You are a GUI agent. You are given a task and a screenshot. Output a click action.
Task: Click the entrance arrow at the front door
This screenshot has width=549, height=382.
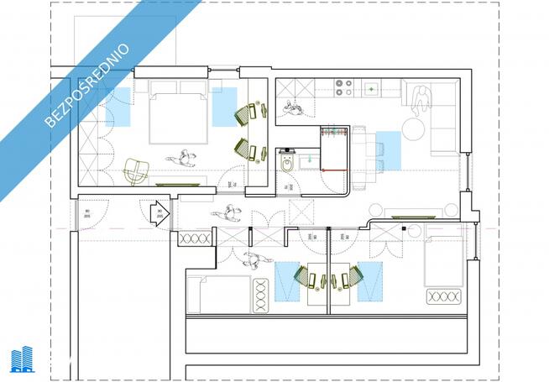[159, 213]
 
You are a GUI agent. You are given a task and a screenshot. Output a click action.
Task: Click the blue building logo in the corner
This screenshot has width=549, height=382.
[22, 359]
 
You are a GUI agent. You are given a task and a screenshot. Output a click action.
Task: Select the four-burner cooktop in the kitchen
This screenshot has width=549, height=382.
[344, 86]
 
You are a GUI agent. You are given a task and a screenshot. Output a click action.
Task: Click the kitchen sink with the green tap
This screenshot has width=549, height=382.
[369, 86]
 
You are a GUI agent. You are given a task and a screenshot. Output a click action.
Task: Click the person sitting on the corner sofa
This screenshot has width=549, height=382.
[421, 97]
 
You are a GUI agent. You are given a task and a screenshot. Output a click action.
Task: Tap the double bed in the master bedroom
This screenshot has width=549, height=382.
[178, 118]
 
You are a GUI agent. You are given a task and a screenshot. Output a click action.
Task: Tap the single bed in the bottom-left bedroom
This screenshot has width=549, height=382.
[219, 294]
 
